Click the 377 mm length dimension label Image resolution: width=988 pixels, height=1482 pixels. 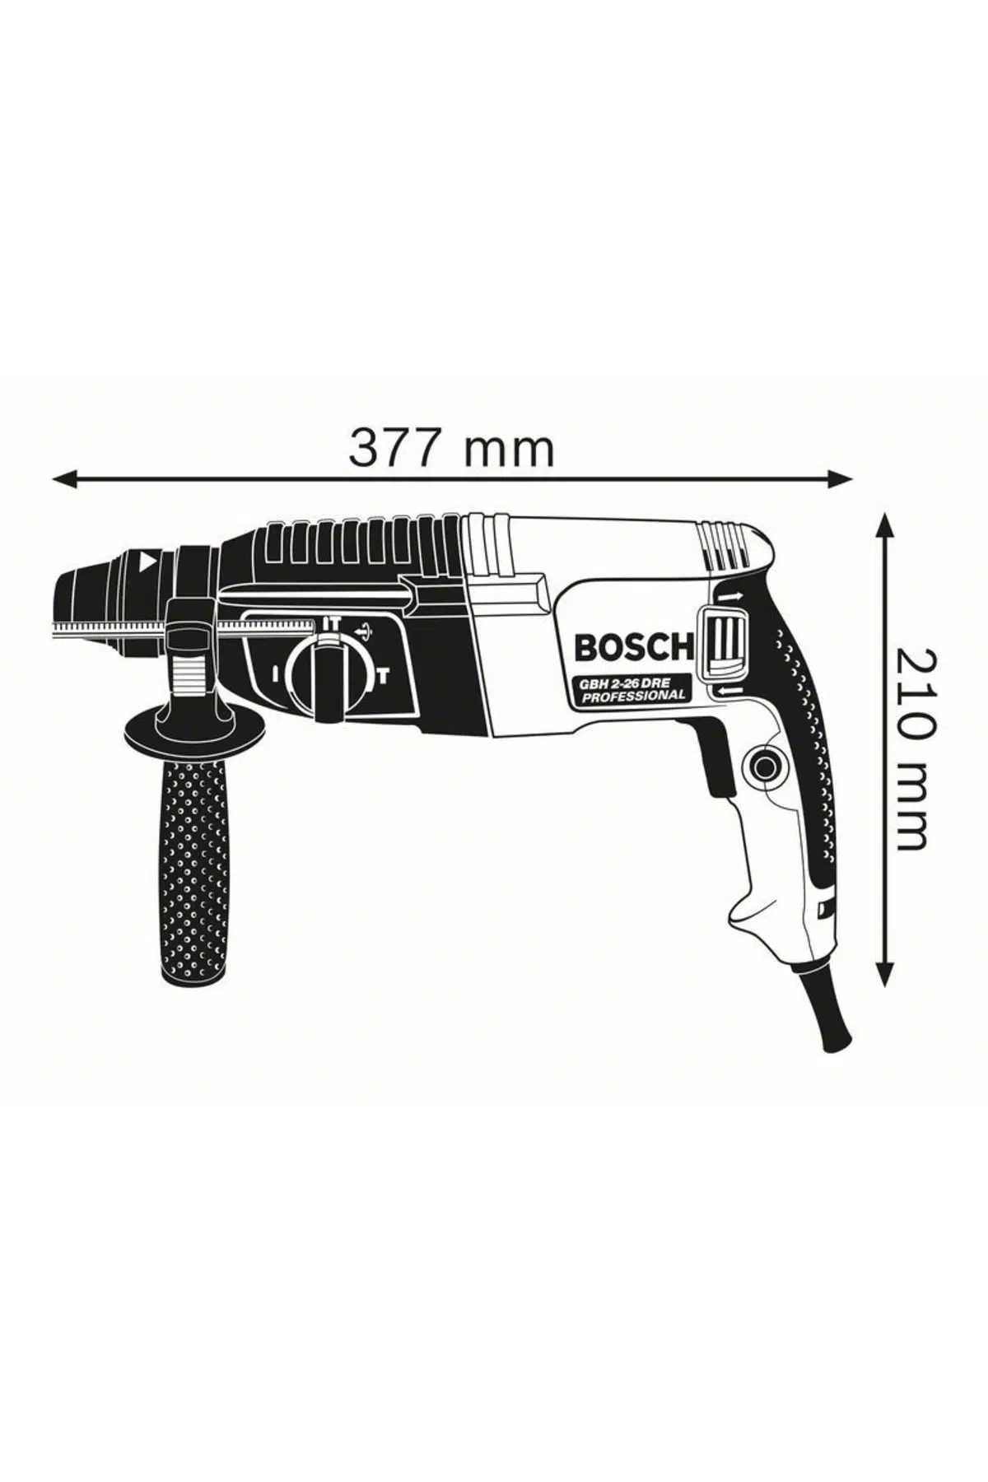[x=451, y=448]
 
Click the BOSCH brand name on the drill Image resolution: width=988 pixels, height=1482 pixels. [x=634, y=647]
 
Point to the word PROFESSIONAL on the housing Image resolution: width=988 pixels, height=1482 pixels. [x=633, y=695]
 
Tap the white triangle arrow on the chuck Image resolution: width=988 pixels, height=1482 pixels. [x=148, y=564]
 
